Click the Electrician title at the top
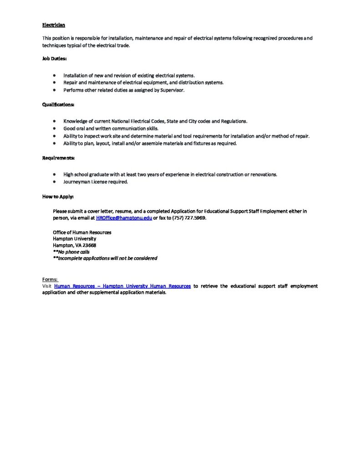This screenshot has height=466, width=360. [54, 25]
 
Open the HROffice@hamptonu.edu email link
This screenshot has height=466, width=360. [124, 218]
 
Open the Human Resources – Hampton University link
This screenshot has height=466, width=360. [122, 286]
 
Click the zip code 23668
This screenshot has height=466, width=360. [89, 245]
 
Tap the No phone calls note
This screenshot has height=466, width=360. [71, 251]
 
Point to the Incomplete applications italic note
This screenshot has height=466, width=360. [105, 258]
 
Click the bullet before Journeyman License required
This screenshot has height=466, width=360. [54, 182]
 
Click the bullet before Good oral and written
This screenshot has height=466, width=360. [54, 128]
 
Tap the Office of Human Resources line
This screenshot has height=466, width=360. [82, 232]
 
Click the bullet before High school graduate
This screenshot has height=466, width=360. [54, 174]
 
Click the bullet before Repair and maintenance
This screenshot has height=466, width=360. [54, 82]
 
